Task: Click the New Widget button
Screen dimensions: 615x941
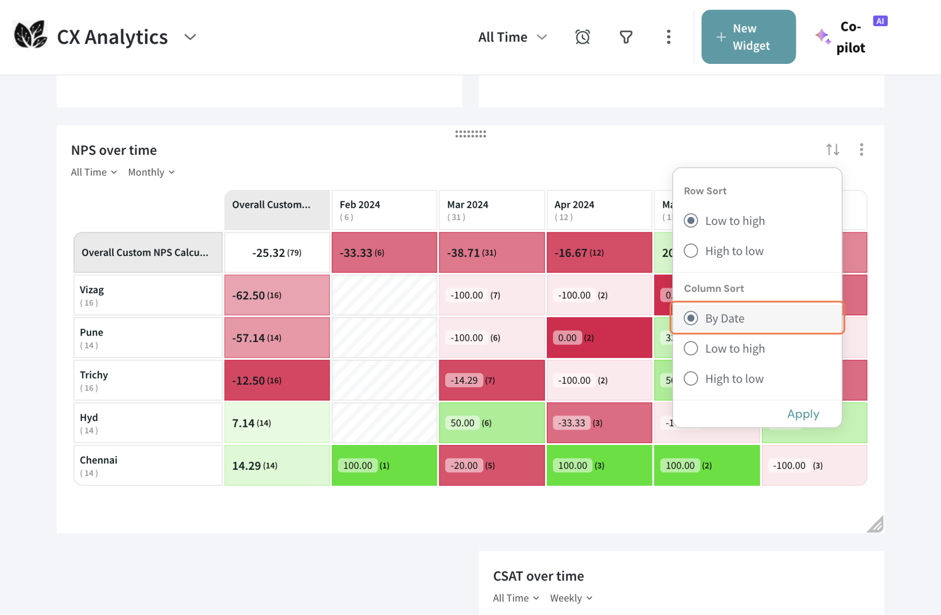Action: [x=748, y=37]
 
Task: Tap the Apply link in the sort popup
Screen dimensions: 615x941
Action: [x=803, y=414]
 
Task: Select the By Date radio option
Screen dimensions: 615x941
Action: [x=691, y=318]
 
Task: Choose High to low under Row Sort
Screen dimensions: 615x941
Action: [x=691, y=251]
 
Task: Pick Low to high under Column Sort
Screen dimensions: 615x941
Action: [x=691, y=348]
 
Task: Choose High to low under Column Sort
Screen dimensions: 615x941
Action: [x=691, y=379]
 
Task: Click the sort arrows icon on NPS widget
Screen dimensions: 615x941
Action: [x=832, y=150]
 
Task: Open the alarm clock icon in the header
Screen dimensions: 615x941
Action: [x=582, y=37]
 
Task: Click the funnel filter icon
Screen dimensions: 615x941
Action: [x=626, y=37]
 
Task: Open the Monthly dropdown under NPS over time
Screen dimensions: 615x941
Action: [x=151, y=172]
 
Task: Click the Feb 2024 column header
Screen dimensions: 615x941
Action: [x=384, y=210]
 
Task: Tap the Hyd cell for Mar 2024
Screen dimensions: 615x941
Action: [x=492, y=423]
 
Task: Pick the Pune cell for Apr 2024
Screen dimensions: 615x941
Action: [x=599, y=338]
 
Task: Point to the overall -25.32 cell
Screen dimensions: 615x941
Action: [x=277, y=253]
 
